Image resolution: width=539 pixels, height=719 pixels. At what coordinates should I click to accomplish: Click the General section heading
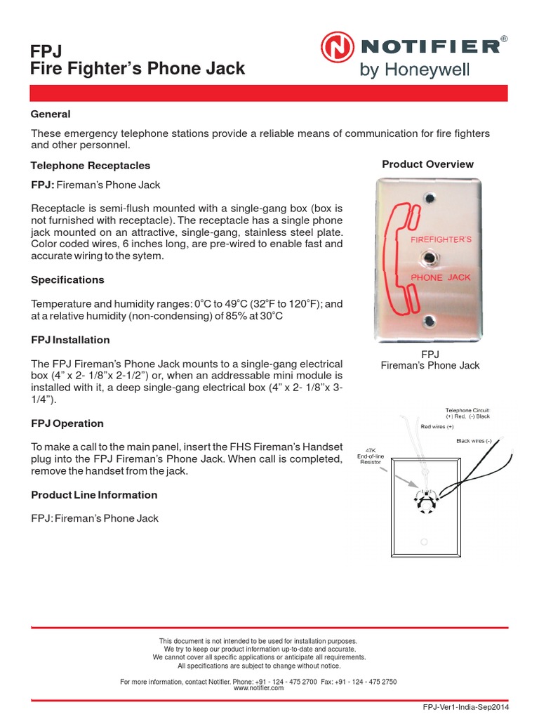click(x=51, y=114)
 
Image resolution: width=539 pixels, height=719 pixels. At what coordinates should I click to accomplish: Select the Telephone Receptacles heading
click(x=91, y=166)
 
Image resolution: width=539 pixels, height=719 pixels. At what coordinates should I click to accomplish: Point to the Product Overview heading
click(x=427, y=164)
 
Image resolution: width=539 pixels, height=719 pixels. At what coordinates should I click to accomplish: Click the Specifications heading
click(x=67, y=279)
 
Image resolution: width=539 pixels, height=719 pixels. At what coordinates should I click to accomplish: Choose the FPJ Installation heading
click(x=70, y=340)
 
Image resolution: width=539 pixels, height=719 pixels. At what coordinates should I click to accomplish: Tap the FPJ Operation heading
click(x=67, y=423)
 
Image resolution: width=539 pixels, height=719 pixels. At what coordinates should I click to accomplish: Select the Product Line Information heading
click(x=94, y=495)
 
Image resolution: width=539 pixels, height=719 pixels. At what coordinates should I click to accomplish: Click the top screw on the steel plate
click(x=427, y=197)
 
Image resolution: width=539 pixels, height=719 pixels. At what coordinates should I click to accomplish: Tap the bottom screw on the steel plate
click(x=427, y=321)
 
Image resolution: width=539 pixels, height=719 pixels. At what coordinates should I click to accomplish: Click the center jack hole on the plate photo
click(x=428, y=259)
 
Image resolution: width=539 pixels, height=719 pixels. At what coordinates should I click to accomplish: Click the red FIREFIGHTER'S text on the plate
click(x=441, y=240)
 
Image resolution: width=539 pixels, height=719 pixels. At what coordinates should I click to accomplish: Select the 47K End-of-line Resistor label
click(x=371, y=460)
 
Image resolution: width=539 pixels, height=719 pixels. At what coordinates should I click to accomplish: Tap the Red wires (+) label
click(x=437, y=426)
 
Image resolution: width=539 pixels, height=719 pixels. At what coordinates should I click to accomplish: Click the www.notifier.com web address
click(x=259, y=689)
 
